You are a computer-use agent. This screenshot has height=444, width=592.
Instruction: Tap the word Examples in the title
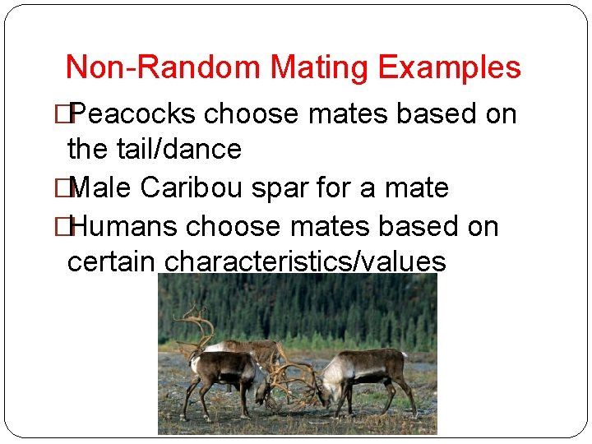coord(449,67)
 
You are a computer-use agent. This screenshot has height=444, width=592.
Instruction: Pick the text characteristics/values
coord(306,262)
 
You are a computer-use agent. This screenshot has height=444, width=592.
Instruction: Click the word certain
coord(112,262)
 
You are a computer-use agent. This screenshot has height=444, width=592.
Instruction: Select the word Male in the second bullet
coord(104,187)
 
